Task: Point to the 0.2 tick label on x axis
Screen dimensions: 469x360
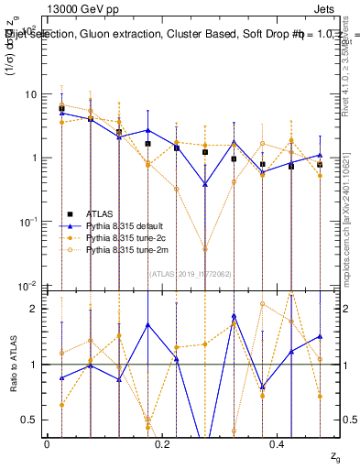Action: [x=162, y=444]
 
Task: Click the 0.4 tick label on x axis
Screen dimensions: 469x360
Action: [x=278, y=444]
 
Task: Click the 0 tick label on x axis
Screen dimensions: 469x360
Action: [x=47, y=444]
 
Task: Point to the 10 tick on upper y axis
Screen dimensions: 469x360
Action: [x=30, y=94]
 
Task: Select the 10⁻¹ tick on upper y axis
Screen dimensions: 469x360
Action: [x=28, y=222]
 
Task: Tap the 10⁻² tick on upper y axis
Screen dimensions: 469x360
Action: [x=28, y=285]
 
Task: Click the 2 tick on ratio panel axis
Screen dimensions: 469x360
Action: [x=35, y=309]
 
